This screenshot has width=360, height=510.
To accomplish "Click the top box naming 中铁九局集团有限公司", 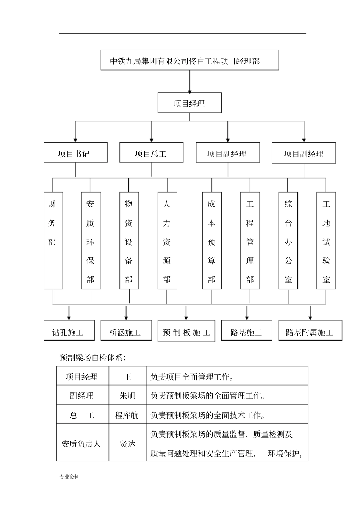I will pyautogui.click(x=189, y=60).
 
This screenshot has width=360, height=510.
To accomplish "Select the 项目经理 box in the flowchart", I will pyautogui.click(x=189, y=103).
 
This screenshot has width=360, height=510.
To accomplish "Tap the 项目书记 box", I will pyautogui.click(x=75, y=153).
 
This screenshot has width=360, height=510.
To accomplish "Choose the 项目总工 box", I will pyautogui.click(x=151, y=153).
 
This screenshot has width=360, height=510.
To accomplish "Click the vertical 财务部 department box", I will pyautogui.click(x=53, y=241).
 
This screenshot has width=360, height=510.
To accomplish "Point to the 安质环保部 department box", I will pyautogui.click(x=91, y=241).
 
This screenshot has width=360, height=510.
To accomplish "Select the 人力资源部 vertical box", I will pyautogui.click(x=167, y=241).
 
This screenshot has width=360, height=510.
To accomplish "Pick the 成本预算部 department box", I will pyautogui.click(x=211, y=241).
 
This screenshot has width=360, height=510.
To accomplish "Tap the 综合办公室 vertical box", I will pyautogui.click(x=288, y=241).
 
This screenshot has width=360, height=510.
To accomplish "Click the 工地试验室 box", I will pyautogui.click(x=326, y=241).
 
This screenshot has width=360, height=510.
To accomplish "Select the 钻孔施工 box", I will pyautogui.click(x=69, y=331).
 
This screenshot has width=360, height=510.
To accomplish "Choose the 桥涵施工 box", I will pyautogui.click(x=126, y=331).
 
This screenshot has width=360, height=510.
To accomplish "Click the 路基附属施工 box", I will pyautogui.click(x=310, y=331).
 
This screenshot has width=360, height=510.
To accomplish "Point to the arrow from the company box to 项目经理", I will pyautogui.click(x=189, y=82).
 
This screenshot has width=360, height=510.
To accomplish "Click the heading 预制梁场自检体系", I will pyautogui.click(x=93, y=357).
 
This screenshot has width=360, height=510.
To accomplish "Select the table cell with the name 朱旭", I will pyautogui.click(x=127, y=395).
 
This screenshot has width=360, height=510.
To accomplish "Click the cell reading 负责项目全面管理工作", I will pyautogui.click(x=192, y=377).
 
